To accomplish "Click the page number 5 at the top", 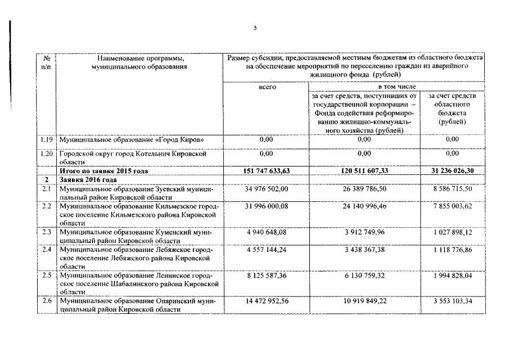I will pyautogui.click(x=255, y=28).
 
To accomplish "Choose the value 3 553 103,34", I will pyautogui.click(x=452, y=301).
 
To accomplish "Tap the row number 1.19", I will pyautogui.click(x=47, y=139).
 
